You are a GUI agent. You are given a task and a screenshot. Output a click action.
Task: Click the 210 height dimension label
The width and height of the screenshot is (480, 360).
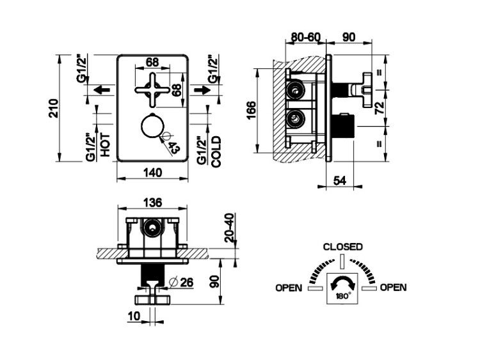pyautogui.click(x=54, y=108)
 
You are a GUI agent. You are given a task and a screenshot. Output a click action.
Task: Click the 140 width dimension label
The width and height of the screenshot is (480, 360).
pyautogui.click(x=152, y=173)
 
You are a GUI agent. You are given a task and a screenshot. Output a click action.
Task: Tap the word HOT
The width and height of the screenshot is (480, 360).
pyautogui.click(x=105, y=145)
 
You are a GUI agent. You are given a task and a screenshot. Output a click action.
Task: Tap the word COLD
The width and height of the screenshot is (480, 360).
pyautogui.click(x=216, y=152)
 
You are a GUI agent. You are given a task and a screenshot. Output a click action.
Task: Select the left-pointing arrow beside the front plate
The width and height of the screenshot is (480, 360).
pyautogui.click(x=102, y=90)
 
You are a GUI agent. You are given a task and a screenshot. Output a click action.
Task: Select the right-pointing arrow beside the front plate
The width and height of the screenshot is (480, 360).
pyautogui.click(x=202, y=90)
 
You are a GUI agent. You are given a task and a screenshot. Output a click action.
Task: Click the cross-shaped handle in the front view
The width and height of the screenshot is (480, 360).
pyautogui.click(x=152, y=90)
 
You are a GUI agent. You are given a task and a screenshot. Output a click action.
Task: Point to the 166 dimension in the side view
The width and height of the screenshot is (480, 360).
pyautogui.click(x=250, y=111)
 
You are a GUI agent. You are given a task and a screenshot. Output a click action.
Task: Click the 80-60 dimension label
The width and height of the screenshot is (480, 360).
pyautogui.click(x=305, y=37)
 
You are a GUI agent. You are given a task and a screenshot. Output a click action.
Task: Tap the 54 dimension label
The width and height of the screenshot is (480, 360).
pyautogui.click(x=339, y=181)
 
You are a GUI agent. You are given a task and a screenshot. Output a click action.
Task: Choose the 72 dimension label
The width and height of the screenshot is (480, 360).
pyautogui.click(x=380, y=107)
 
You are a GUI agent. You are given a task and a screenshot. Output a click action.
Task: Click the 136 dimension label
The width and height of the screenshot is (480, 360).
pyautogui.click(x=152, y=203)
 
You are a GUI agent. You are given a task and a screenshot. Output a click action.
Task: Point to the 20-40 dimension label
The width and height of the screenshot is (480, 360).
pyautogui.click(x=229, y=228)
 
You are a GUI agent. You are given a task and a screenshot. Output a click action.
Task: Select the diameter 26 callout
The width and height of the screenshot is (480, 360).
pyautogui.click(x=182, y=282)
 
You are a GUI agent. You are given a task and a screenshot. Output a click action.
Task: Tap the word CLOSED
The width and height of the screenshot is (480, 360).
pyautogui.click(x=343, y=247)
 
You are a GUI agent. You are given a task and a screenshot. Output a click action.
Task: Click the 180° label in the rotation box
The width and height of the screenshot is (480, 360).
pyautogui.click(x=343, y=296)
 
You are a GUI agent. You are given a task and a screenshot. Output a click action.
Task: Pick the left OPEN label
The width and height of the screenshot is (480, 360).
pyautogui.click(x=289, y=288)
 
